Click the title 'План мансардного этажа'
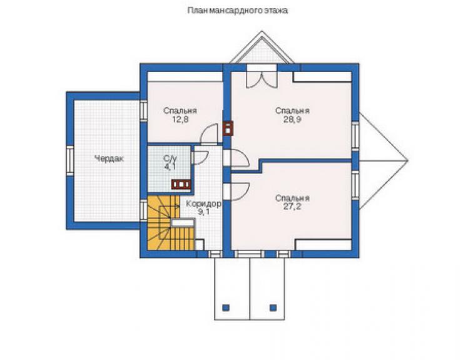coord(238,11)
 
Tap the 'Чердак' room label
coord(109,159)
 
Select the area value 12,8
coord(180,120)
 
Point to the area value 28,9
coord(292,120)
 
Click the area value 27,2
coord(292,207)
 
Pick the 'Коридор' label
coord(203,203)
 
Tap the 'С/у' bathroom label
coord(170,158)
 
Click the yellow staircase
coord(171,222)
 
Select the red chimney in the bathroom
coord(181,185)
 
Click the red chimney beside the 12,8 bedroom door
coord(228,128)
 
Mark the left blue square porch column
coord(226,307)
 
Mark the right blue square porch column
coord(273,307)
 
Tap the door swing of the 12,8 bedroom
coord(209,135)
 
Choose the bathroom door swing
coord(200,158)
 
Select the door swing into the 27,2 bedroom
coord(241,192)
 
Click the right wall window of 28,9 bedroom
coord(355,136)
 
